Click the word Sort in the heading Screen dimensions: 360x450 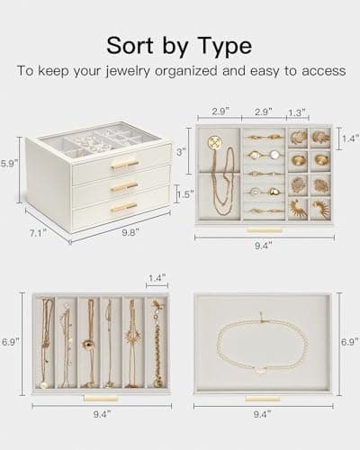click(x=130, y=46)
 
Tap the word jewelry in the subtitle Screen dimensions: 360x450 click(x=128, y=72)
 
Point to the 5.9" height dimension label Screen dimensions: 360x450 click(x=9, y=164)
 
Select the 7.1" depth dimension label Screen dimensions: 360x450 click(x=39, y=233)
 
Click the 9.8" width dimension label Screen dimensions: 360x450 click(x=130, y=232)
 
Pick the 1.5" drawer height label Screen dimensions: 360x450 click(x=185, y=194)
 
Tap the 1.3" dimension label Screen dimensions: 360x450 click(x=297, y=112)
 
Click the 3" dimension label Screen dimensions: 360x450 click(x=180, y=152)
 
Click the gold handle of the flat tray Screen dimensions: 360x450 click(x=263, y=399)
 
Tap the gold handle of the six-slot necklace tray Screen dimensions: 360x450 click(x=101, y=399)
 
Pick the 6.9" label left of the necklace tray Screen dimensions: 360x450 click(x=10, y=342)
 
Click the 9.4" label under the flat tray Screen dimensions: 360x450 click(x=263, y=414)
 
